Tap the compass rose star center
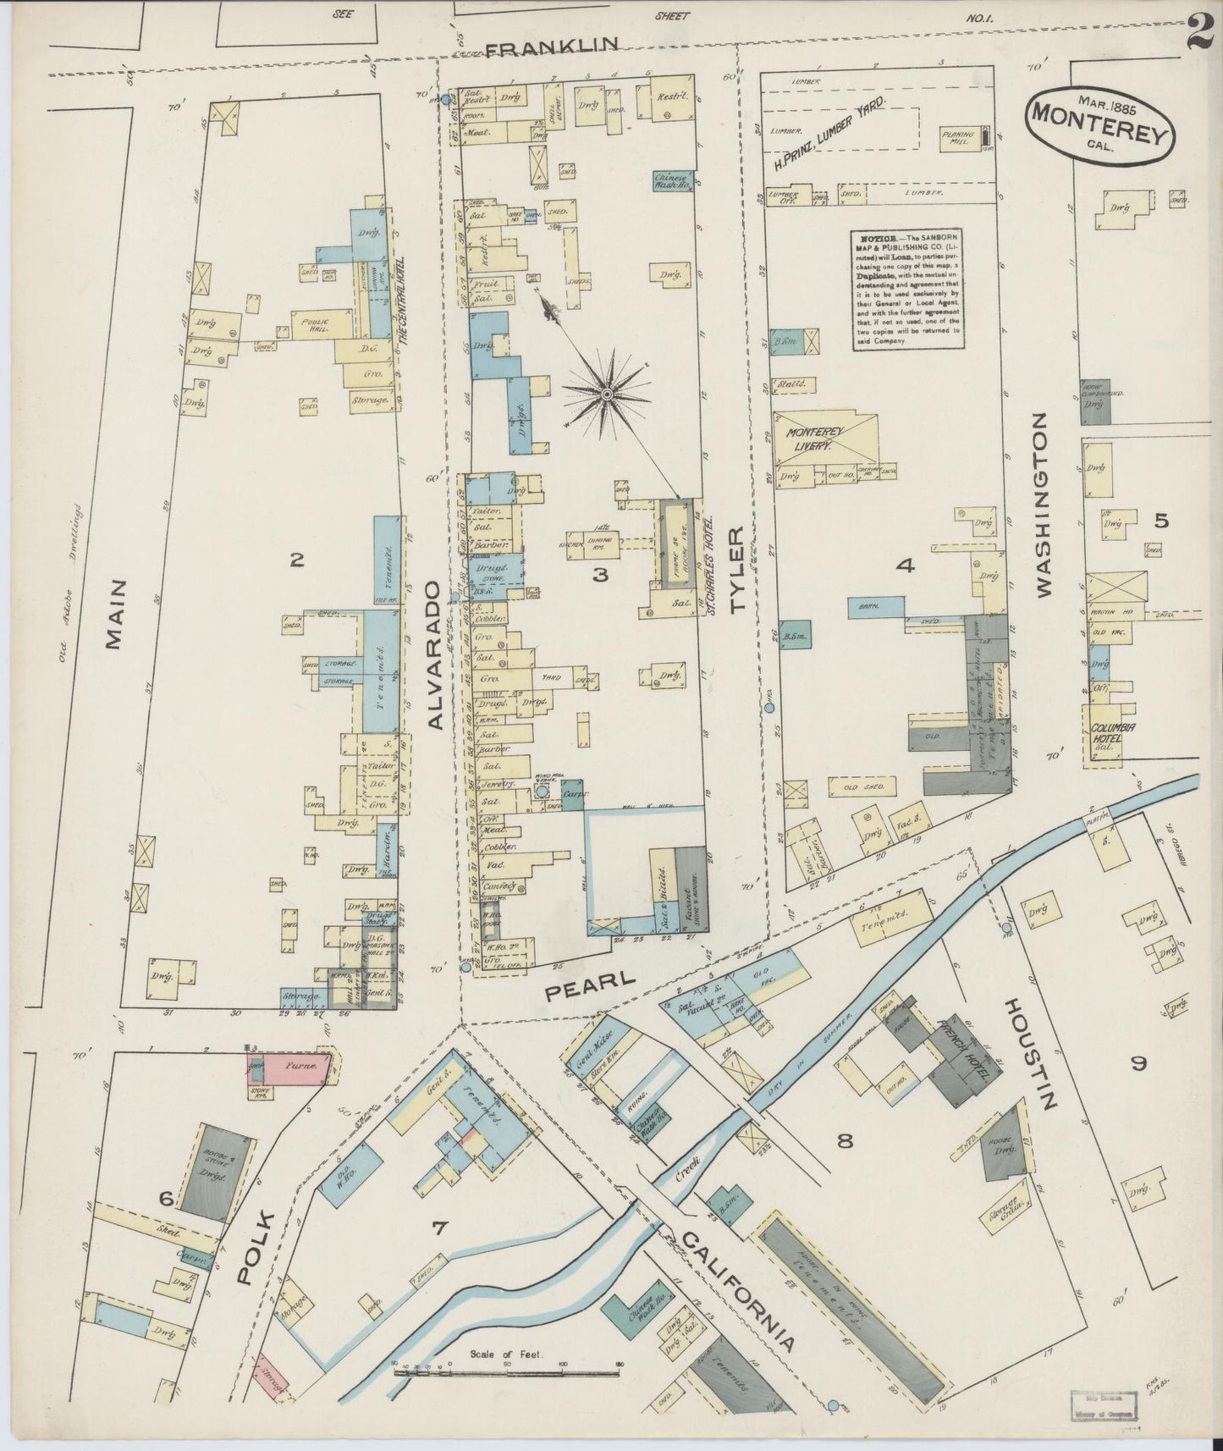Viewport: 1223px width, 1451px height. pos(607,394)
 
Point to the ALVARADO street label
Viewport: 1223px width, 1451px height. pos(434,654)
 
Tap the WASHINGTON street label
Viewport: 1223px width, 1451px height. pos(1041,505)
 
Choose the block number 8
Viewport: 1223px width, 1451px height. pos(844,1141)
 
